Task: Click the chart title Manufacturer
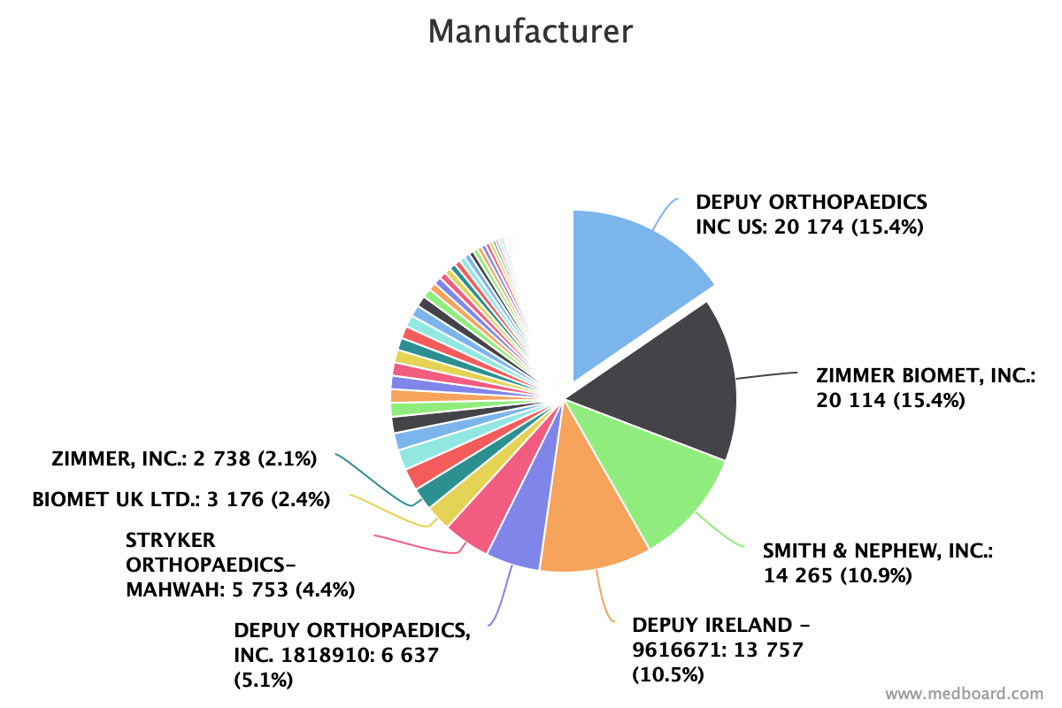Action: point(530,32)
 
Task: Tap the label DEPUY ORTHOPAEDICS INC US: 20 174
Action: point(811,214)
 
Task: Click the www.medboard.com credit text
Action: point(964,694)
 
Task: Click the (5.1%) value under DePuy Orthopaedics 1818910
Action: point(264,680)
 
